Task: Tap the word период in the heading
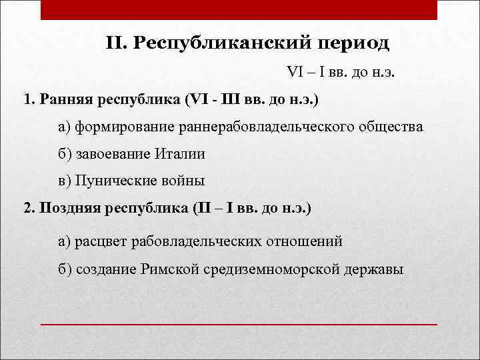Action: tap(353, 43)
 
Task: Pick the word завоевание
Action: tap(113, 153)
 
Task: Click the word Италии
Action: tap(180, 153)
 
